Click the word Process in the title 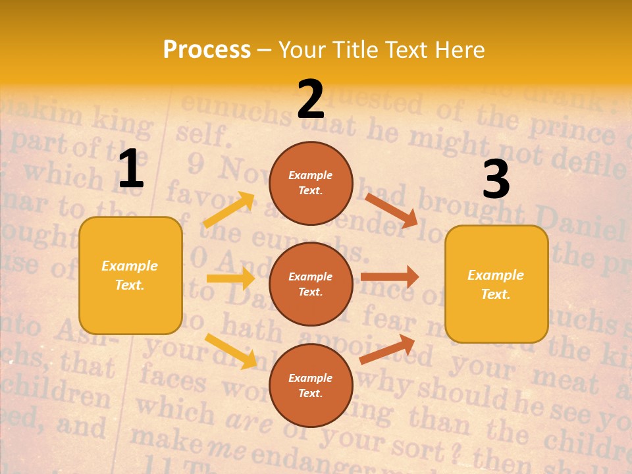(x=207, y=49)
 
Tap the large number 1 (x=131, y=169)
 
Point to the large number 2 (x=311, y=99)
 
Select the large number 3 (x=496, y=179)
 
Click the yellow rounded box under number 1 (x=130, y=275)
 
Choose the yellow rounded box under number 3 (x=496, y=284)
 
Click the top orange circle (x=311, y=183)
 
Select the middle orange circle (x=311, y=284)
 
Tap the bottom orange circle (x=311, y=385)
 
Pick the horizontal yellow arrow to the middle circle (x=230, y=278)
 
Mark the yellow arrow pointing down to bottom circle (x=230, y=350)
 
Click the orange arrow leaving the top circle (x=391, y=210)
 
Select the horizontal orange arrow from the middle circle (x=390, y=276)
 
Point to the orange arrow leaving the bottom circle (x=387, y=350)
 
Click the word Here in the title (x=459, y=49)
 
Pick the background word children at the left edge (x=56, y=396)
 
